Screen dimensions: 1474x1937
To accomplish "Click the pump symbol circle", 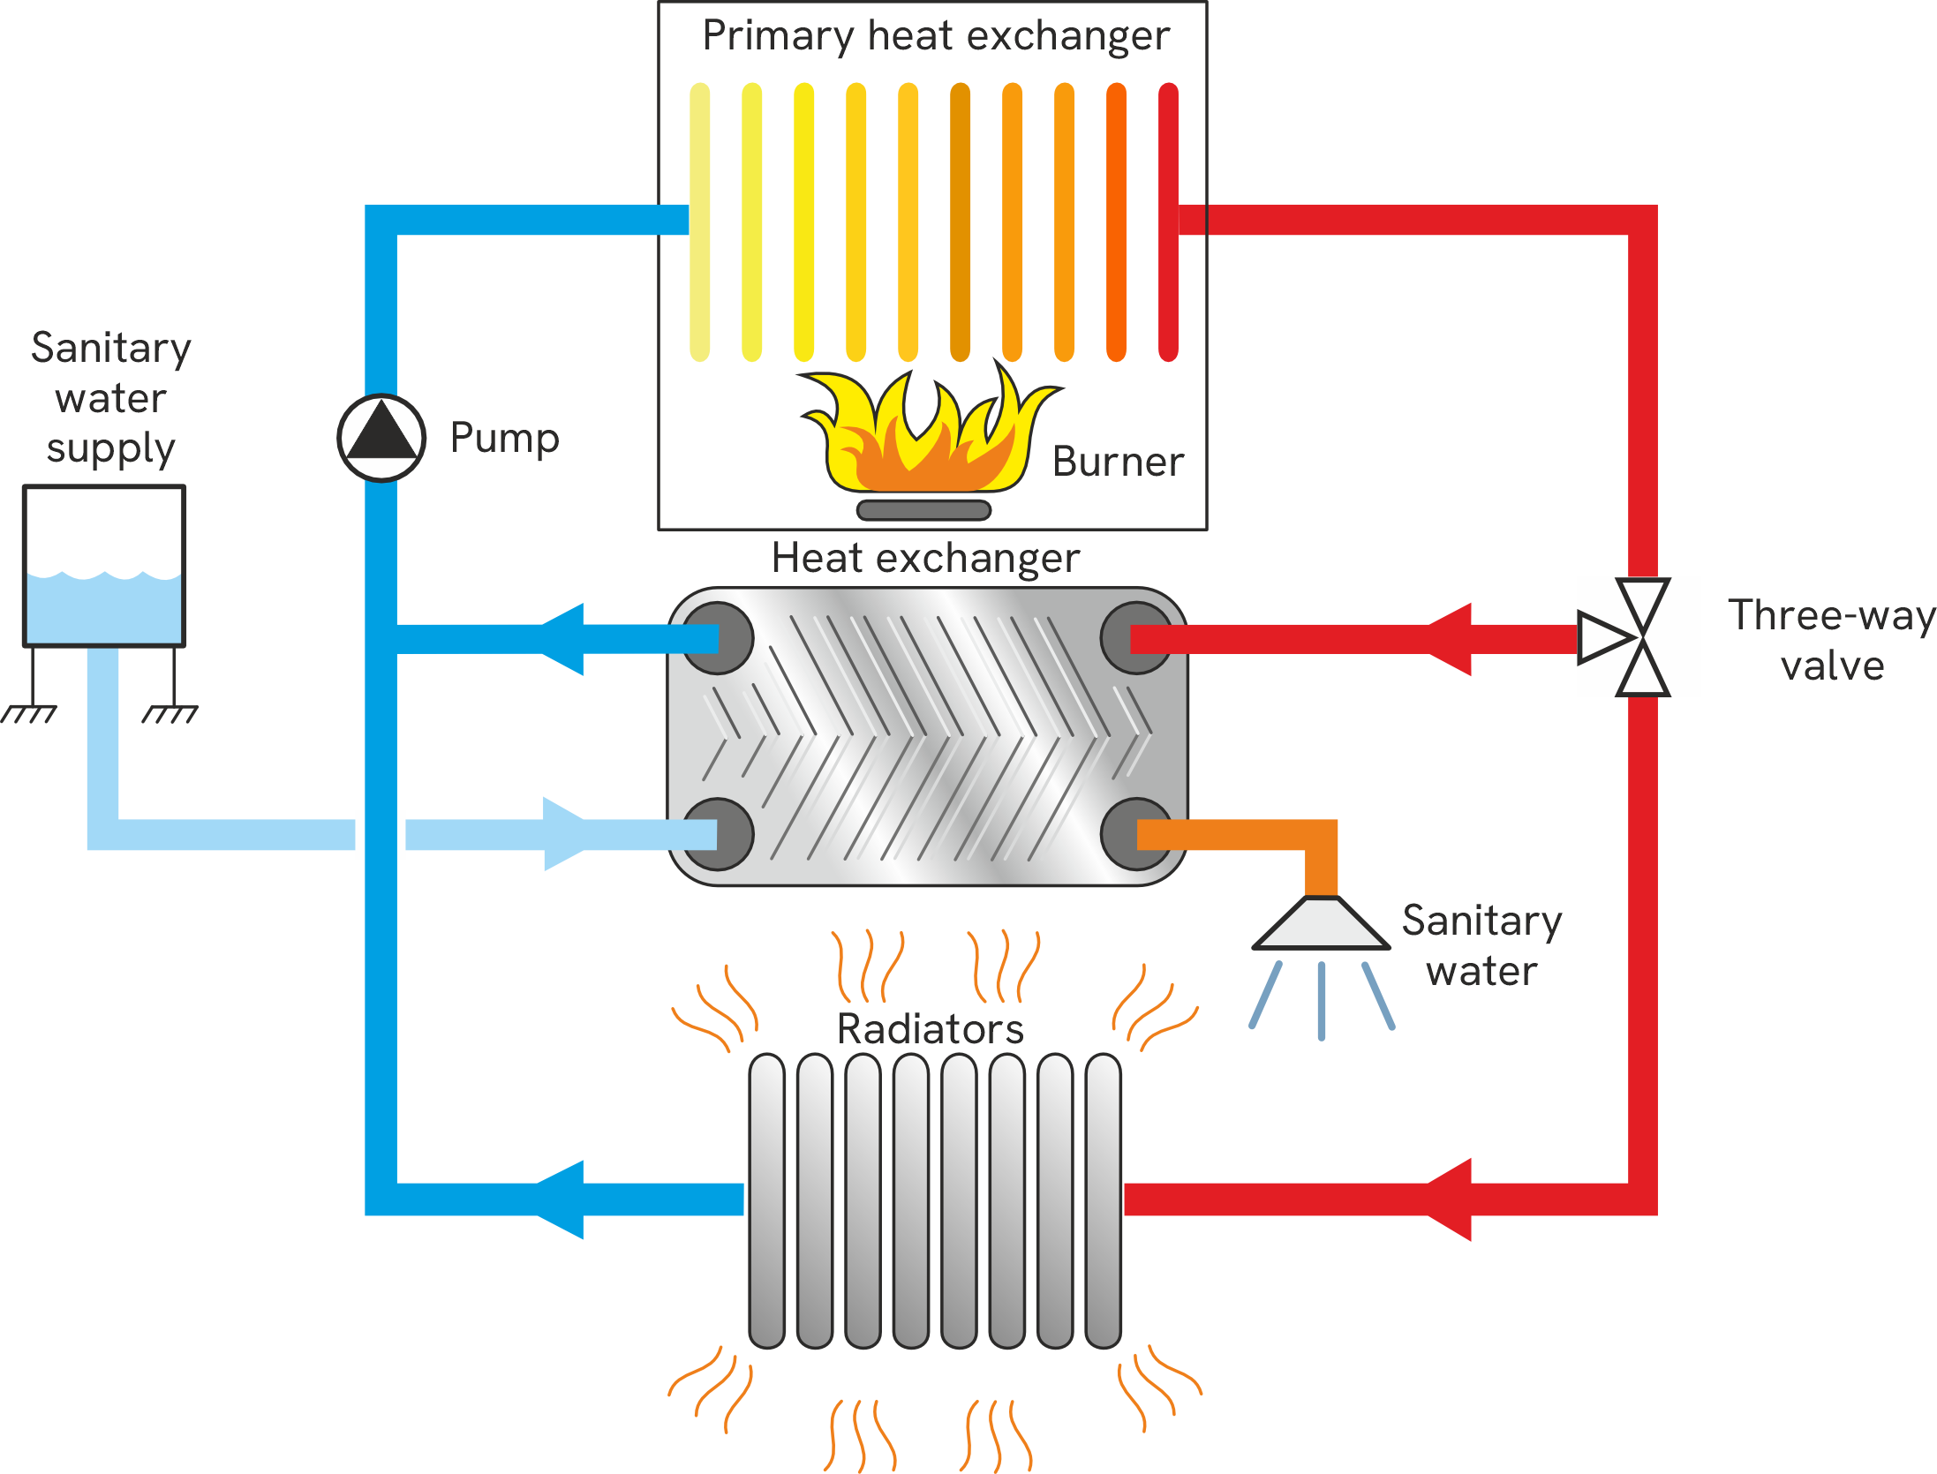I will click(381, 438).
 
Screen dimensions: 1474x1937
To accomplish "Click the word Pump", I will click(504, 439).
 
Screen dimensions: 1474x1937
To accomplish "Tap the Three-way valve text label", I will click(1831, 640).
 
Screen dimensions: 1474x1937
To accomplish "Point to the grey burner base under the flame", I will click(923, 510).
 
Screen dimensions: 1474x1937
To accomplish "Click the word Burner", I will click(1118, 462).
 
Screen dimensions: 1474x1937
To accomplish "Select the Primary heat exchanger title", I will click(936, 36).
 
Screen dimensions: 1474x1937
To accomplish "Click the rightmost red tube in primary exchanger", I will click(1168, 221).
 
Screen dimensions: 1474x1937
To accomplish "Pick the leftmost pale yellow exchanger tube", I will click(700, 221).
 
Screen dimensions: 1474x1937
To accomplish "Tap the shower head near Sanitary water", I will click(1321, 925).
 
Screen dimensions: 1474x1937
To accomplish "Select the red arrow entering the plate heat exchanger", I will click(1448, 639).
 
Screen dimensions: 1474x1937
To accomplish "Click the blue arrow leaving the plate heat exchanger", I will click(562, 639).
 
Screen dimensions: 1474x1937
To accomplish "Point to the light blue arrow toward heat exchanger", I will click(563, 834).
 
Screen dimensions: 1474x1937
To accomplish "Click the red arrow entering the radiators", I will click(1448, 1200).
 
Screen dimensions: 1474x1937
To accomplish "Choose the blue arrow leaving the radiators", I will click(562, 1200).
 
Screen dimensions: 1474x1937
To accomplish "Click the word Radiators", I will click(931, 1029).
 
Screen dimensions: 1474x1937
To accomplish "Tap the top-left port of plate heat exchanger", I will click(717, 637).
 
